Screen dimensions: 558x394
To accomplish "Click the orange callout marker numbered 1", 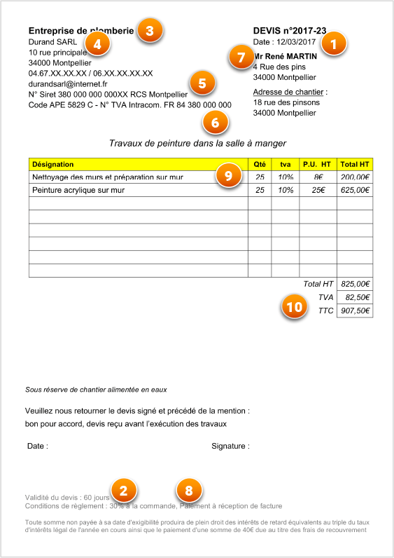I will pyautogui.click(x=333, y=43).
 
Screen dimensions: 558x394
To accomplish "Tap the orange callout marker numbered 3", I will pyautogui.click(x=149, y=30).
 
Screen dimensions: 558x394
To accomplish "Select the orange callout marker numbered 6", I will pyautogui.click(x=215, y=122).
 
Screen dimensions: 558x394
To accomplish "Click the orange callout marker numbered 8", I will pyautogui.click(x=188, y=491).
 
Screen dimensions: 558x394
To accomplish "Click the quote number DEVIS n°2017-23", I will pyautogui.click(x=290, y=31).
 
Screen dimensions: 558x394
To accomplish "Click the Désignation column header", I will pyautogui.click(x=48, y=164).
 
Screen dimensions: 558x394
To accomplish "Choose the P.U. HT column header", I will pyautogui.click(x=317, y=164).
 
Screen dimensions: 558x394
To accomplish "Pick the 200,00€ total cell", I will pyautogui.click(x=355, y=177).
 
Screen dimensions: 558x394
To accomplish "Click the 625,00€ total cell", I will pyautogui.click(x=355, y=190).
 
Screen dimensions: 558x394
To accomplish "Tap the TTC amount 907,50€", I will pyautogui.click(x=356, y=311).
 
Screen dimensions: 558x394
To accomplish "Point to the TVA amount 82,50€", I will pyautogui.click(x=357, y=297).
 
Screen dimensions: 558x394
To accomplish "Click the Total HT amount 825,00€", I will pyautogui.click(x=356, y=284).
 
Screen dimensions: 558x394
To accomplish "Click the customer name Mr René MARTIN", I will pyautogui.click(x=286, y=56).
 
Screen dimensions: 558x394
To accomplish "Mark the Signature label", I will pyautogui.click(x=230, y=446).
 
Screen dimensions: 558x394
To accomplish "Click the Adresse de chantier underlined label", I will pyautogui.click(x=288, y=92).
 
